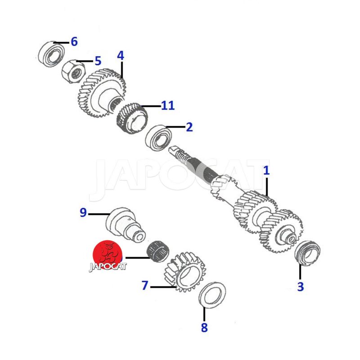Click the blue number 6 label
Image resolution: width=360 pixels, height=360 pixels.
[74, 42]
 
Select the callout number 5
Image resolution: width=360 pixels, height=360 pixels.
[98, 61]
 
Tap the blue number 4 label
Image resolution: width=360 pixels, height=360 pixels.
[121, 56]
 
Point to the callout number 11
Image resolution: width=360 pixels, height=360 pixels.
[168, 105]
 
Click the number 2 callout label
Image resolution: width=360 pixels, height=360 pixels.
[189, 127]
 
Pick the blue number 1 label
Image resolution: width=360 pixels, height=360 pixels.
[266, 171]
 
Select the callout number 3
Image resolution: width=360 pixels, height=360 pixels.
[301, 287]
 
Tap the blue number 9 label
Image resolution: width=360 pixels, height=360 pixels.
[83, 212]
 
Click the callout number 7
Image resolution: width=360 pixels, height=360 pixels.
[145, 285]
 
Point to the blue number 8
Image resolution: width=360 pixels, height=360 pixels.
[204, 328]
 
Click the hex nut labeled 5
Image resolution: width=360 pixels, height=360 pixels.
[73, 72]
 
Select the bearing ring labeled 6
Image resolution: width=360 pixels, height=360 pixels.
[51, 54]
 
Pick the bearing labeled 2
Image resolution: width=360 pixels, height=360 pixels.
[158, 137]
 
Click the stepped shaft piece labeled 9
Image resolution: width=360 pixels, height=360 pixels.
[126, 224]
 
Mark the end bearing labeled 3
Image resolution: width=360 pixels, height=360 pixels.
[307, 253]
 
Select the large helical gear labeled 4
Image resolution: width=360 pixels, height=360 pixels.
[101, 93]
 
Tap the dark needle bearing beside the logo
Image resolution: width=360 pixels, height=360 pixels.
[158, 252]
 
